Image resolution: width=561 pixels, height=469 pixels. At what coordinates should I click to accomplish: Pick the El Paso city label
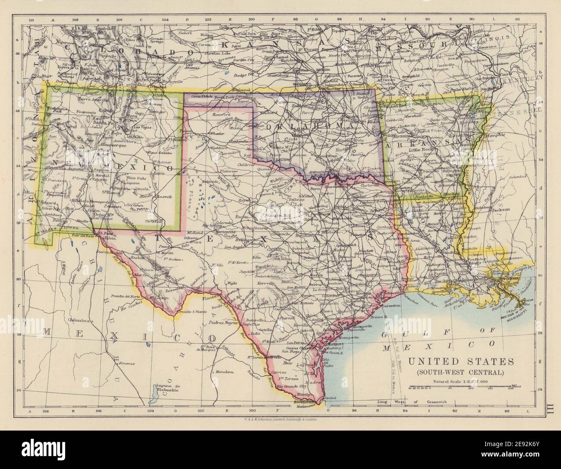(x=105, y=233)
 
